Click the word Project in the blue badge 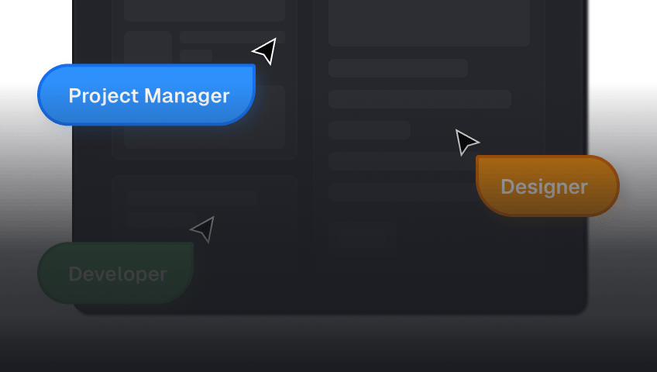(x=104, y=96)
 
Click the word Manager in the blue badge (x=187, y=97)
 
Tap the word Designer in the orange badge (x=545, y=188)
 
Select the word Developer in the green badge (x=118, y=275)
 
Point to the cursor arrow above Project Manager (x=265, y=51)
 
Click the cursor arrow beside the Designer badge (x=466, y=142)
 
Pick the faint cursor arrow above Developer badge (x=203, y=229)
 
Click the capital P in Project (x=74, y=95)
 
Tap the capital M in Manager (x=153, y=95)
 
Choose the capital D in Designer (x=507, y=187)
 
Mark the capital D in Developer (x=75, y=274)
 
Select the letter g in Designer (x=551, y=189)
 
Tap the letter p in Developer (x=142, y=277)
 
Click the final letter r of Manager (x=226, y=98)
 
